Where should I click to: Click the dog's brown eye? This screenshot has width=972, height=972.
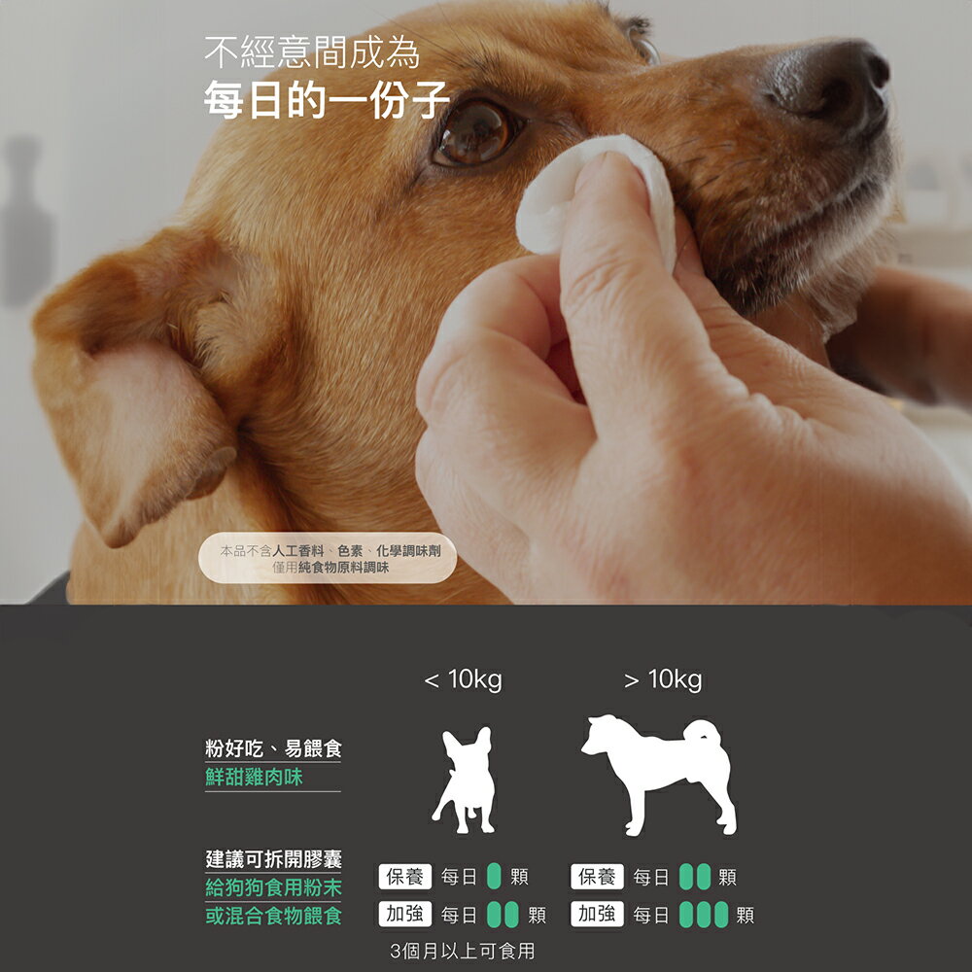(476, 131)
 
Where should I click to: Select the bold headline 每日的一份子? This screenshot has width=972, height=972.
(327, 100)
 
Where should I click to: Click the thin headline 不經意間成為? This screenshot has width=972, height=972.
(312, 52)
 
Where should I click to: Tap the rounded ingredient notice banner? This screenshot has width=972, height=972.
(328, 558)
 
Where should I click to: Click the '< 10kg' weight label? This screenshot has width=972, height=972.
(463, 679)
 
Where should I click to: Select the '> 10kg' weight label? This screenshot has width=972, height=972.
(663, 679)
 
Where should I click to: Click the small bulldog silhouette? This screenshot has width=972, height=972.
(465, 780)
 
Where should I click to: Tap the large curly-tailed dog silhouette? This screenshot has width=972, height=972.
(660, 775)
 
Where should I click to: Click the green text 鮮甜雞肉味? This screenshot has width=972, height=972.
(254, 777)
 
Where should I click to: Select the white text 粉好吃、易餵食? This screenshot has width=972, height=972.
(273, 748)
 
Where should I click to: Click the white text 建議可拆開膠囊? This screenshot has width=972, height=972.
(273, 859)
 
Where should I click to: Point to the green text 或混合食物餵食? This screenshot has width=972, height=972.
(273, 916)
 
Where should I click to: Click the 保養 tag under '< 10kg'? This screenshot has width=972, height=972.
(404, 877)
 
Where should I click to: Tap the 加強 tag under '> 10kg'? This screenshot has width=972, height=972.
(597, 915)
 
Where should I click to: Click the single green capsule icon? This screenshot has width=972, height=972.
(494, 876)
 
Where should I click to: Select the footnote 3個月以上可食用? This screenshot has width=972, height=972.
(463, 951)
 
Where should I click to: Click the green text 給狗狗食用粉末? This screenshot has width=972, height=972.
(273, 887)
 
